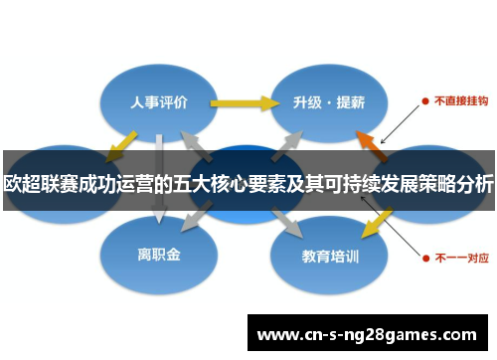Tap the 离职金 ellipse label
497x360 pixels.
(x=159, y=255)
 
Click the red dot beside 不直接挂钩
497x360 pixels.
(x=425, y=100)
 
